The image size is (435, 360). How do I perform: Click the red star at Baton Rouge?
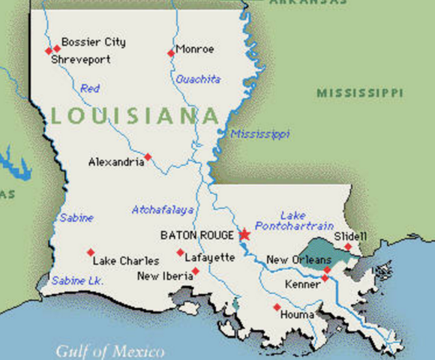point(244,235)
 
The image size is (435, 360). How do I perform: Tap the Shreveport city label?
point(80,59)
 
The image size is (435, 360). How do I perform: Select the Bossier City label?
point(94,42)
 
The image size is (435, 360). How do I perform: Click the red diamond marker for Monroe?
point(170,52)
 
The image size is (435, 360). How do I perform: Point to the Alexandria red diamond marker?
point(148,157)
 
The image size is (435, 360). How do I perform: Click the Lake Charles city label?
point(125,261)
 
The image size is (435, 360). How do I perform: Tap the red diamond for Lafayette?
point(180,252)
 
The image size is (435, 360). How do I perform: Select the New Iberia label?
point(163,276)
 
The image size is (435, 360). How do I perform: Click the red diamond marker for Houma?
point(277,307)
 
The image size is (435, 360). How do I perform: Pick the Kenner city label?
point(303,284)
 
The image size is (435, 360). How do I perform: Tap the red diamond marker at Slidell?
point(348,246)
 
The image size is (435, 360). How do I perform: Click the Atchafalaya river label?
point(163,210)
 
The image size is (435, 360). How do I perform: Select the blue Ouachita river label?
point(198,79)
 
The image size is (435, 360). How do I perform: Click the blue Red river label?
point(90,88)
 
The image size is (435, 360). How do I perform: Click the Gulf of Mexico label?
point(110,349)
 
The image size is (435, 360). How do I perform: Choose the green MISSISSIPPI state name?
point(359,93)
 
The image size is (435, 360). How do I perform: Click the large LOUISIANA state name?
point(136,116)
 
